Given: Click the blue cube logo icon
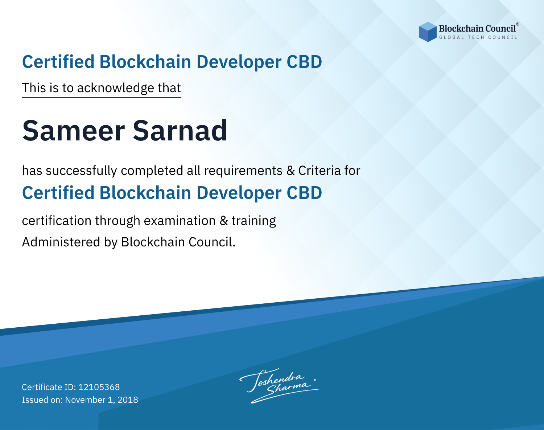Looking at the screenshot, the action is pyautogui.click(x=428, y=32).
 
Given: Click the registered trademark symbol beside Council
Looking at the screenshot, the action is pyautogui.click(x=518, y=24).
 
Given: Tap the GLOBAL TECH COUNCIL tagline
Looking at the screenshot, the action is pyautogui.click(x=478, y=37).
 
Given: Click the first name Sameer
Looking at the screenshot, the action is pyautogui.click(x=74, y=131).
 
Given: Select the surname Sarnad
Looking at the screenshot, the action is pyautogui.click(x=180, y=131).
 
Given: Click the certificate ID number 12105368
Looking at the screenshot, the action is pyautogui.click(x=99, y=387).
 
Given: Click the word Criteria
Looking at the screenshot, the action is pyautogui.click(x=319, y=171).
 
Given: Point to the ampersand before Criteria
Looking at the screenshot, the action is pyautogui.click(x=290, y=171).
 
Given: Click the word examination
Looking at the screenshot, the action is pyautogui.click(x=180, y=221).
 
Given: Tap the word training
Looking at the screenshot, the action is pyautogui.click(x=254, y=221).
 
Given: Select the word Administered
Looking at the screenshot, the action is pyautogui.click(x=61, y=242).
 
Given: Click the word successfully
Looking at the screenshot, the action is pyautogui.click(x=81, y=171).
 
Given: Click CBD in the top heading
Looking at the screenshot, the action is pyautogui.click(x=304, y=62).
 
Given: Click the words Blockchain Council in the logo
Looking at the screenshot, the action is pyautogui.click(x=477, y=28).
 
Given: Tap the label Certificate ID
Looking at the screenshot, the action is pyautogui.click(x=49, y=387).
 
